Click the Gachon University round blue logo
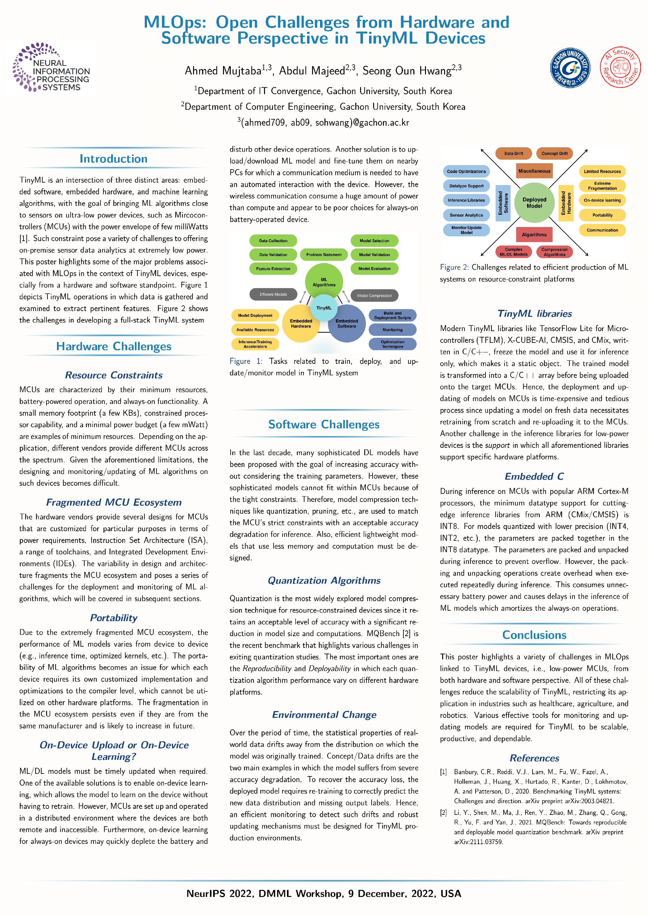pyautogui.click(x=570, y=68)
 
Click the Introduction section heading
pyautogui.click(x=114, y=159)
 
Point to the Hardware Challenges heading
pyautogui.click(x=114, y=346)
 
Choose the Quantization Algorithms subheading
pyautogui.click(x=324, y=580)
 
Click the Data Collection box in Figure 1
pyautogui.click(x=273, y=240)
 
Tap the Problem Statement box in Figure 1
pyautogui.click(x=324, y=254)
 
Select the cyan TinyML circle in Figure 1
pyautogui.click(x=324, y=308)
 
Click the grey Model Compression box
pyautogui.click(x=374, y=295)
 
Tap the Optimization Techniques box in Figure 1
pyautogui.click(x=392, y=344)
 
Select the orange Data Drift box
pyautogui.click(x=513, y=153)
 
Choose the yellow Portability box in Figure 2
pyautogui.click(x=602, y=215)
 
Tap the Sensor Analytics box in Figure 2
pyautogui.click(x=466, y=215)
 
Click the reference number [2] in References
pyautogui.click(x=443, y=812)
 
